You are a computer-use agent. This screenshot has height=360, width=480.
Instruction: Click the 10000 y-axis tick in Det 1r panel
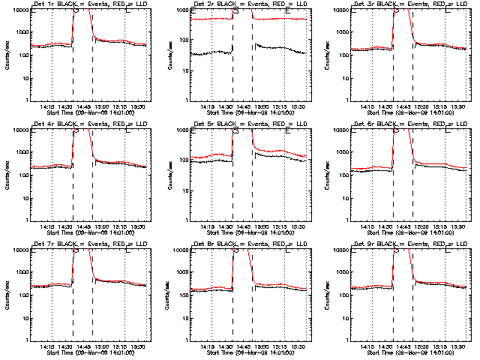coord(17,10)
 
